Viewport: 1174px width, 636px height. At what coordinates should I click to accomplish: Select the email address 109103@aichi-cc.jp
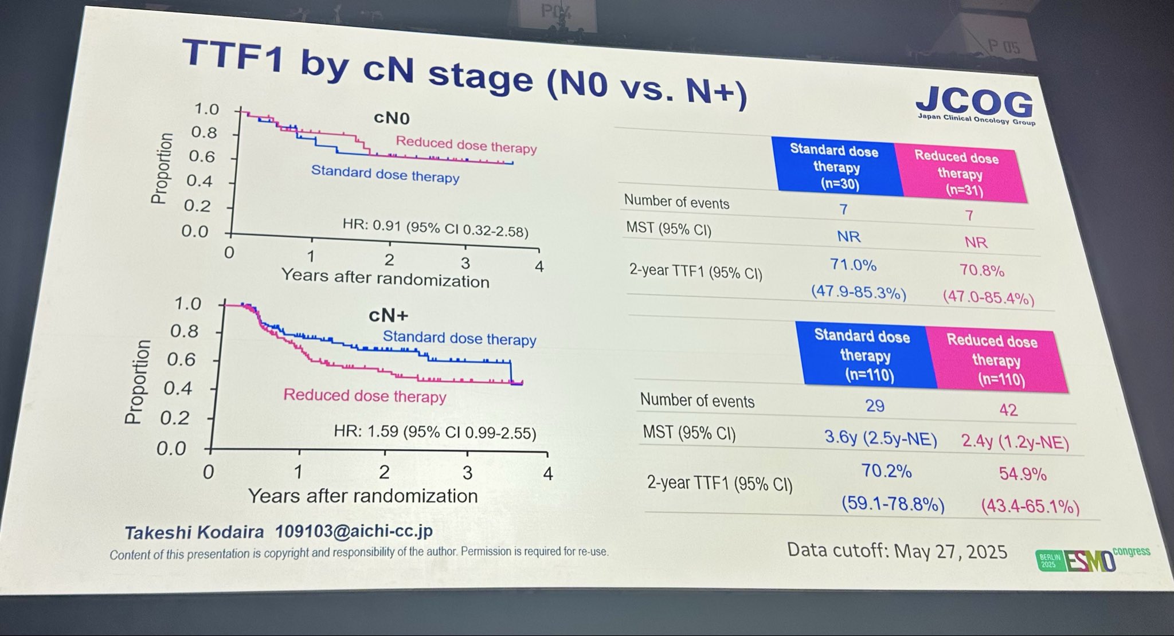pos(354,531)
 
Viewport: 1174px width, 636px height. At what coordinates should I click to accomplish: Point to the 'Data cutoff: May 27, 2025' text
pos(897,551)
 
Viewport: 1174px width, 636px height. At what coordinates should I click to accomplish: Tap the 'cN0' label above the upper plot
pos(392,118)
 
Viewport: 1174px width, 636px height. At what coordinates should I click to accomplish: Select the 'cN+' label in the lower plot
pos(388,315)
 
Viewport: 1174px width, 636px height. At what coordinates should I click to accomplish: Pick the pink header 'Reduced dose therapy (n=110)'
pos(996,360)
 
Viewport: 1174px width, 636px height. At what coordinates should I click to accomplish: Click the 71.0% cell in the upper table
pos(853,265)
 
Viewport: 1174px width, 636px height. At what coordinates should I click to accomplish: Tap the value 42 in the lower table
pos(1008,410)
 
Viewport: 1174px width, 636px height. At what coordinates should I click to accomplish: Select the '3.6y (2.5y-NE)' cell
pos(880,438)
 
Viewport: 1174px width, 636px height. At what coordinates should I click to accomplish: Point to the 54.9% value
pos(1022,474)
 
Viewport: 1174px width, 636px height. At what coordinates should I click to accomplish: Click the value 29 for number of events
pos(874,406)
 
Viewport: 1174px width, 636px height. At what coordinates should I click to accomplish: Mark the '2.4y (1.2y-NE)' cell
pos(1015,442)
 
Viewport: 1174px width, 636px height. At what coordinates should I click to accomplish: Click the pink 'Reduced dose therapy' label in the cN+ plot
pos(365,396)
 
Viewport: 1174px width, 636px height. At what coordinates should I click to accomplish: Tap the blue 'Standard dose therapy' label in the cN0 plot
pos(385,174)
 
